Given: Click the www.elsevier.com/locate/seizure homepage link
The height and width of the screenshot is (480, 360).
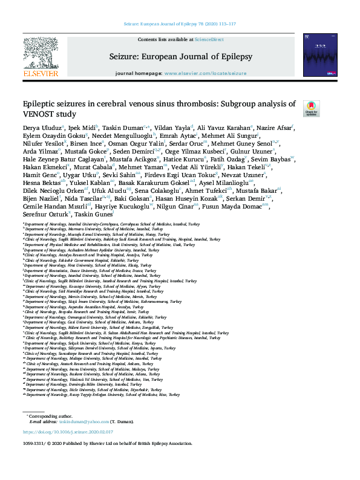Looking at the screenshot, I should click(205, 73).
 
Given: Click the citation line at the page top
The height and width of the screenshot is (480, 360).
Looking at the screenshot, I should click(180, 24).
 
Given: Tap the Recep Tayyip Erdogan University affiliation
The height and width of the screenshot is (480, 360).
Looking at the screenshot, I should click(103, 394).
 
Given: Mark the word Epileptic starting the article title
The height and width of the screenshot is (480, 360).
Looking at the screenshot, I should click(41, 104).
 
